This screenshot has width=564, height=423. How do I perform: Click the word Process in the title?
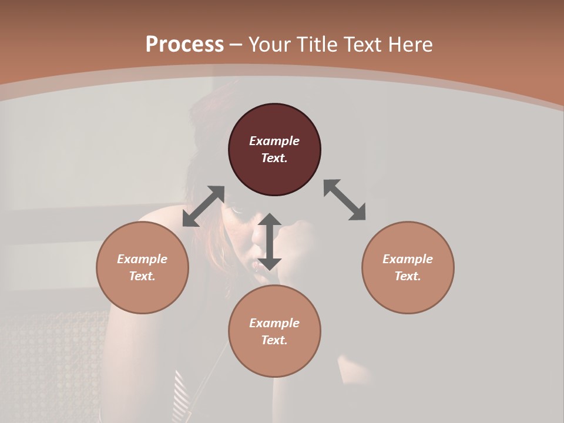tap(184, 45)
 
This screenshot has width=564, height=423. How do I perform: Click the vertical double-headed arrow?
tap(270, 241)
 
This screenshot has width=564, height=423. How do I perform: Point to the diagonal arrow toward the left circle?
tap(203, 206)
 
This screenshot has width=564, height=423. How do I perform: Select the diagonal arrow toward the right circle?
tap(344, 200)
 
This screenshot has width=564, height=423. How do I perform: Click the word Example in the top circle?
tap(274, 141)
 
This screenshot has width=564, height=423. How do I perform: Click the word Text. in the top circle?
tap(274, 158)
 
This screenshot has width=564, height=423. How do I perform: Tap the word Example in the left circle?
tap(142, 259)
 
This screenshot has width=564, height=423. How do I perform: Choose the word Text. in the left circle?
tap(142, 276)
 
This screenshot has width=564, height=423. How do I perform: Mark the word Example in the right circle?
tap(408, 259)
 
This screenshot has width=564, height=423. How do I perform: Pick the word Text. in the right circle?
tap(408, 276)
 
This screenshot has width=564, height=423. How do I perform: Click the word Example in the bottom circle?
tap(274, 323)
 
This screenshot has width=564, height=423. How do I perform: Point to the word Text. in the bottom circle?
tap(274, 340)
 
